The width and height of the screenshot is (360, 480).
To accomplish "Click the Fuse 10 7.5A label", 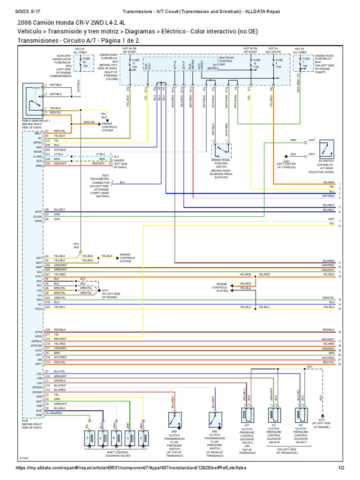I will [x=256, y=64].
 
